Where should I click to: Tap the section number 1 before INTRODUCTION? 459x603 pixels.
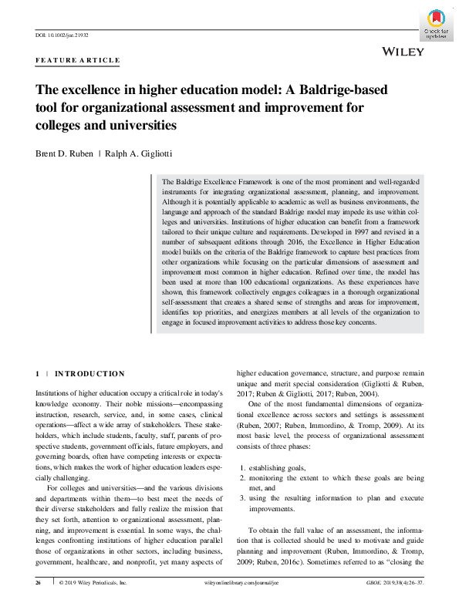coord(38,374)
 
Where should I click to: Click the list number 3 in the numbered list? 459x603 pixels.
coord(243,498)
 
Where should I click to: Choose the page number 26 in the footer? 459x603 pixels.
coord(39,584)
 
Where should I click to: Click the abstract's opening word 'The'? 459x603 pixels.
coord(170,180)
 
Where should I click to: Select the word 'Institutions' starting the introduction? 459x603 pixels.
coord(56,393)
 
